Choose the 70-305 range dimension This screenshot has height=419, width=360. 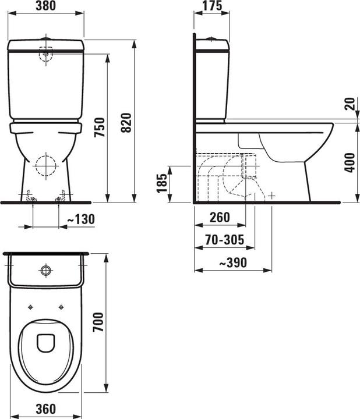[x=224, y=239]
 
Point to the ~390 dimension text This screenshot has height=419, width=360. [x=233, y=262]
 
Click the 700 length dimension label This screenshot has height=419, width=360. [x=99, y=321]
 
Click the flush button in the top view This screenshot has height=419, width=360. [x=45, y=270]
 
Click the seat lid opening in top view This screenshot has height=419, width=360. [x=45, y=343]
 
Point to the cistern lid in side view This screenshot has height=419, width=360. [x=212, y=44]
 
